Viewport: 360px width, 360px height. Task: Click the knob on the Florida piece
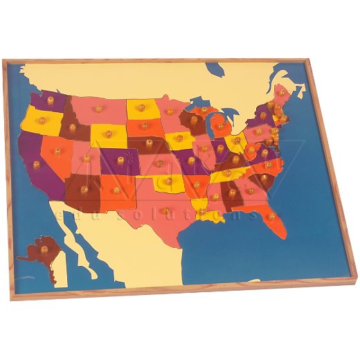pyautogui.click(x=271, y=216)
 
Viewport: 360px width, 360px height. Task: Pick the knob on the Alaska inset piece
pyautogui.click(x=42, y=248)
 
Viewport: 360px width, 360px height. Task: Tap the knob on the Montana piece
pyautogui.click(x=99, y=109)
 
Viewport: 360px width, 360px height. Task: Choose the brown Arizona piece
pyautogui.click(x=84, y=190)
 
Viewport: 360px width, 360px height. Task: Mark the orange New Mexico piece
pyautogui.click(x=116, y=189)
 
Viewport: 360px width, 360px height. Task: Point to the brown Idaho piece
pyautogui.click(x=71, y=125)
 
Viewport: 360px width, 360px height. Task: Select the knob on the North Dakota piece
pyautogui.click(x=141, y=107)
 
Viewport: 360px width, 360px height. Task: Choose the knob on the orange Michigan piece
pyautogui.click(x=221, y=128)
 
